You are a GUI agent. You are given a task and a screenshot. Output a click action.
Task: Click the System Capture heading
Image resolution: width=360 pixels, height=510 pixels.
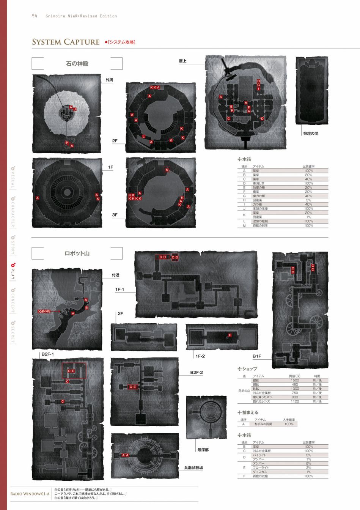click(x=66, y=42)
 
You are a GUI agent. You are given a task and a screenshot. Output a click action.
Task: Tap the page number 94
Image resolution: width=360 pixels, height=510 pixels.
click(x=34, y=16)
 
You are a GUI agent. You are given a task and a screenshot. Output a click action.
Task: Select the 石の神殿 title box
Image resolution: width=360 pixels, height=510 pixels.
click(x=77, y=64)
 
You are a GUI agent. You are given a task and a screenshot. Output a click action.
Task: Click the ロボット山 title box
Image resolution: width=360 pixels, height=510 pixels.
click(x=77, y=253)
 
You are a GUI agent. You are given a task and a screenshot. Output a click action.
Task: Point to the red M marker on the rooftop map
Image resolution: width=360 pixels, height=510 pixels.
click(x=246, y=103)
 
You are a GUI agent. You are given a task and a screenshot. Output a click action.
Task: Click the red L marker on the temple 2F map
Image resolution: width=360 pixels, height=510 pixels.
click(x=143, y=137)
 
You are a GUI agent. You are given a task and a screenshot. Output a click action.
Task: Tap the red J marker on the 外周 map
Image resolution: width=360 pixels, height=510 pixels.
click(x=75, y=109)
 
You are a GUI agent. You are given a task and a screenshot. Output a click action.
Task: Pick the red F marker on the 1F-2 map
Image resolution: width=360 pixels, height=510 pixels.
click(x=230, y=335)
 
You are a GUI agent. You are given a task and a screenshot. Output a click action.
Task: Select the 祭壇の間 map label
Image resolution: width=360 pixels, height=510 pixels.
click(x=310, y=134)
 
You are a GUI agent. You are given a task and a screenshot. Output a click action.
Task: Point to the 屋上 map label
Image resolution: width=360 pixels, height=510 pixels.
click(x=183, y=61)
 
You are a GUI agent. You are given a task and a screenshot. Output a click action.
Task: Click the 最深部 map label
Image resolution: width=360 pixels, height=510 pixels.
click(x=203, y=450)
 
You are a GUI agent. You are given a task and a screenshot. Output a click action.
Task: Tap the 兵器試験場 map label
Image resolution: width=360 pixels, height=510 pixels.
click(x=193, y=468)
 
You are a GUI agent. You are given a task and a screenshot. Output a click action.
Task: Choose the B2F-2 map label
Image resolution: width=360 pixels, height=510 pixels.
click(x=197, y=373)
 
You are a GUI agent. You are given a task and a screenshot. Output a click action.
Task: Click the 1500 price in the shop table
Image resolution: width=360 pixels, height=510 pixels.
click(x=295, y=380)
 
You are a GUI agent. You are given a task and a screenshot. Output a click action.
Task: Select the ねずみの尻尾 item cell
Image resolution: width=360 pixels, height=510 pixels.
click(x=263, y=424)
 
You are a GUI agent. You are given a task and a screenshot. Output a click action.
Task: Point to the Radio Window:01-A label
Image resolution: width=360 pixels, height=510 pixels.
click(x=30, y=494)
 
